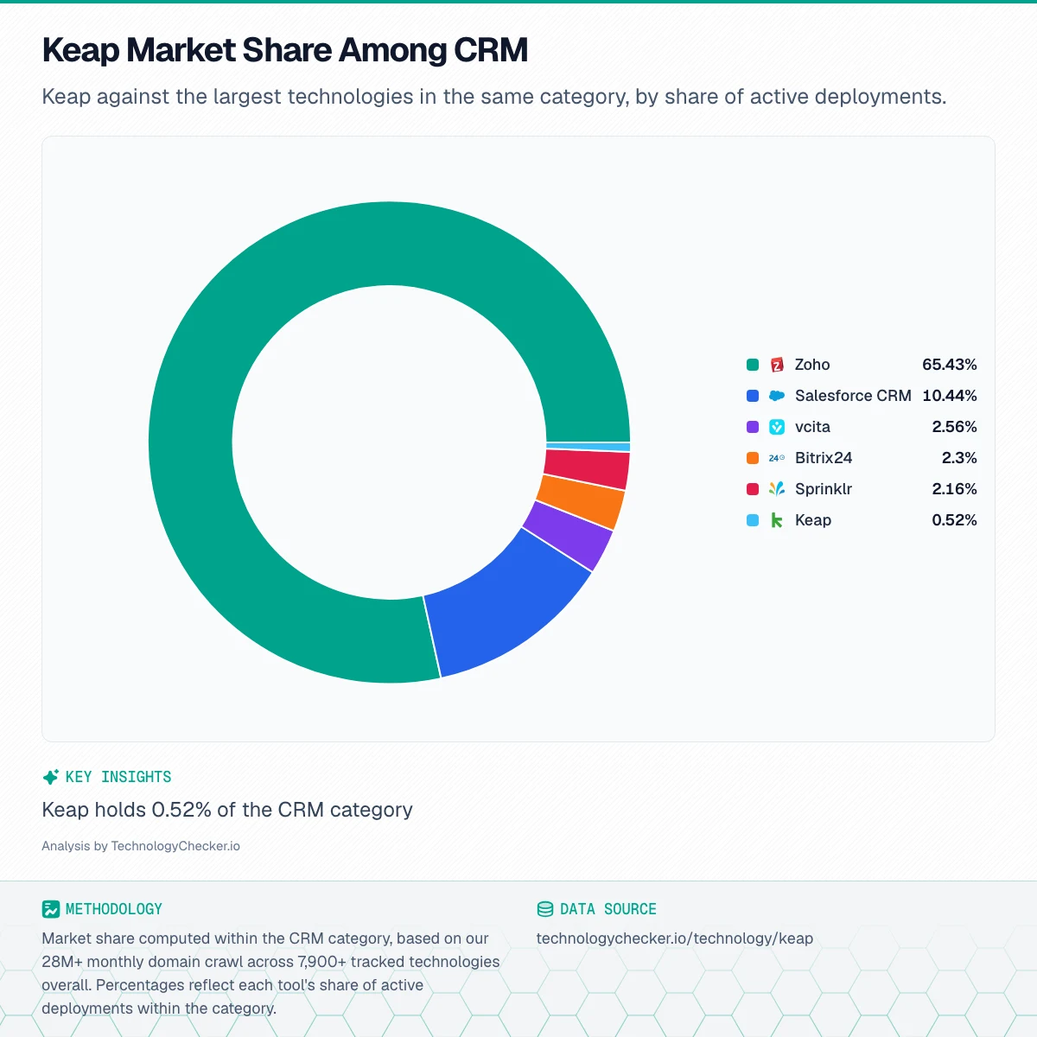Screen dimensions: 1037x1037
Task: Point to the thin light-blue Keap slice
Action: pos(588,446)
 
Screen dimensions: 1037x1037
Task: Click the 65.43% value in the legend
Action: pos(949,365)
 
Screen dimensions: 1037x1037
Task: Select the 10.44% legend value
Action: pos(949,396)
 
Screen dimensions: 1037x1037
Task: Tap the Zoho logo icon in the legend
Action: pos(777,365)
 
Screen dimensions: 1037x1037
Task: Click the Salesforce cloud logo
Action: pos(777,396)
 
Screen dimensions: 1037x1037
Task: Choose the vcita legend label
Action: pos(812,427)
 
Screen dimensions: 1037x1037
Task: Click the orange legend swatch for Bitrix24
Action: pos(753,458)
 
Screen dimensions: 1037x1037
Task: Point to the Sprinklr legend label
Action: pos(824,488)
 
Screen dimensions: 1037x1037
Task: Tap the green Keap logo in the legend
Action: pos(777,520)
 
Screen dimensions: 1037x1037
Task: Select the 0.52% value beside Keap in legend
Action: pos(954,520)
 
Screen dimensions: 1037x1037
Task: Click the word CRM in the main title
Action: pos(491,50)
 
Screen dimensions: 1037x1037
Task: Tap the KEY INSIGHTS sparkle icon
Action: pos(51,777)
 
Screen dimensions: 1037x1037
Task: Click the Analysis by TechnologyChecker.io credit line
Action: pos(141,846)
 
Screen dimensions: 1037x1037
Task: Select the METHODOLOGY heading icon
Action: pos(51,909)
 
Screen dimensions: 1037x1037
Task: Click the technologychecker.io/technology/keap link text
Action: pos(675,938)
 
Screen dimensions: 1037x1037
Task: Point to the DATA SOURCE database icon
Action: pos(545,909)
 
